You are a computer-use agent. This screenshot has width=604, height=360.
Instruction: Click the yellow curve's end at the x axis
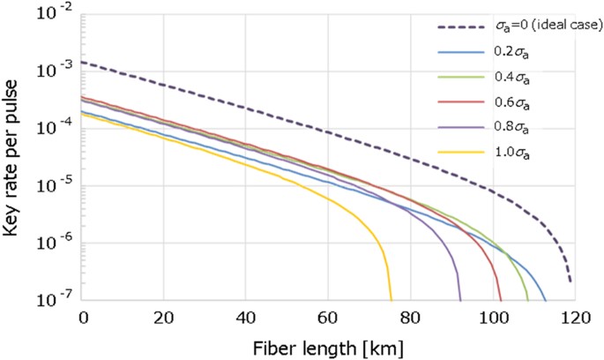[x=391, y=299]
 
